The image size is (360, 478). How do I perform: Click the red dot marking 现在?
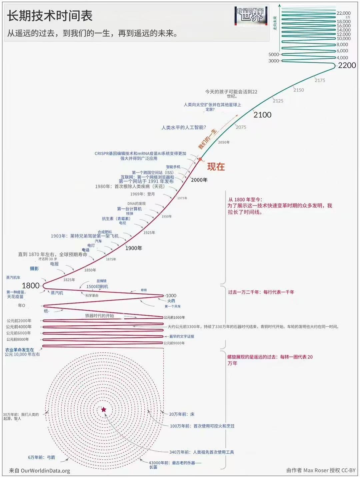click(200, 159)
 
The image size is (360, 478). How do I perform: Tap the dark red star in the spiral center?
click(104, 409)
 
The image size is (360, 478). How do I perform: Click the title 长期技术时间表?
click(50, 16)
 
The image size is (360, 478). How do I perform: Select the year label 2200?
click(347, 65)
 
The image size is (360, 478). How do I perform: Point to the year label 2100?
click(262, 115)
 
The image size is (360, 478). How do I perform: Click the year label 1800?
click(31, 285)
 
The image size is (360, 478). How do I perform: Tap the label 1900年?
click(134, 248)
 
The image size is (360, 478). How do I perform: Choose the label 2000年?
click(199, 180)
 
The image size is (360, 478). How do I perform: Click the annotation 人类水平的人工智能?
click(184, 128)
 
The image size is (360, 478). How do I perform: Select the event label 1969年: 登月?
click(142, 194)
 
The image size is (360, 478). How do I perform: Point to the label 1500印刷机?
click(97, 286)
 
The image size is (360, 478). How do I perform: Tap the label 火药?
click(171, 301)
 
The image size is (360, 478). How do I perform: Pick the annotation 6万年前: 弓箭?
click(42, 457)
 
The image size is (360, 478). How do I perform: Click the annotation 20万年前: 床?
click(182, 414)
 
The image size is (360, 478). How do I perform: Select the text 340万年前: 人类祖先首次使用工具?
click(202, 452)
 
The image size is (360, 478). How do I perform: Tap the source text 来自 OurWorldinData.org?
click(39, 471)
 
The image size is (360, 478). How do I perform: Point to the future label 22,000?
click(343, 13)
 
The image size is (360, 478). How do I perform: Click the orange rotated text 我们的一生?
click(207, 139)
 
